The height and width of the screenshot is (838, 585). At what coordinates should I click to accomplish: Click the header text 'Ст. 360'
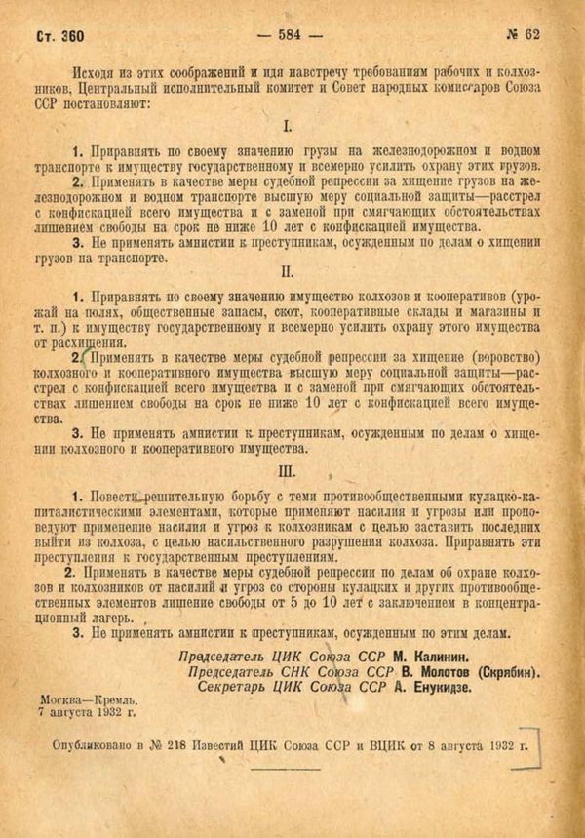click(59, 36)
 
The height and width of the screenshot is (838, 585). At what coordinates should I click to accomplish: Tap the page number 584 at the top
click(292, 35)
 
